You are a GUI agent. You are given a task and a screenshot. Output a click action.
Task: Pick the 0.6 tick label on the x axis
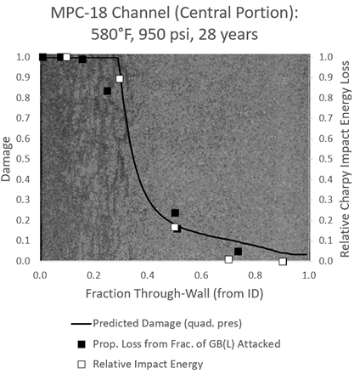[201, 275]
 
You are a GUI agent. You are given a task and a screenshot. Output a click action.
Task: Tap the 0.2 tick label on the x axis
[93, 275]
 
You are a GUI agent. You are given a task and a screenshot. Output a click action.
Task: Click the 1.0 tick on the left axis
[26, 57]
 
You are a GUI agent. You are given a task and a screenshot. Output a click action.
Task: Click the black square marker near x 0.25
[107, 91]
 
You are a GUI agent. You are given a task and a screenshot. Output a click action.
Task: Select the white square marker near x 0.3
[120, 79]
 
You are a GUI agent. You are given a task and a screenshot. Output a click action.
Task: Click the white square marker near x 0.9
[283, 261]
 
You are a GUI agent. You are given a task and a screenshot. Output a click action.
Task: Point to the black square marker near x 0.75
[239, 252]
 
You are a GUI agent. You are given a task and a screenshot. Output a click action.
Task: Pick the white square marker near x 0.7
[228, 259]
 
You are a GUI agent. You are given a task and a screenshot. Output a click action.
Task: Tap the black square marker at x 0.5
[175, 213]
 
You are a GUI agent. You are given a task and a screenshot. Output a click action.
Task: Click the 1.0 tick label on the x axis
[308, 275]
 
